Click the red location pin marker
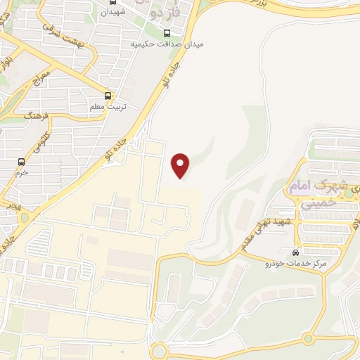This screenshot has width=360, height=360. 181,165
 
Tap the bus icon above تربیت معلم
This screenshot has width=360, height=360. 108,96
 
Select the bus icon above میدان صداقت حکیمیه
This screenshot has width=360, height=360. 167,33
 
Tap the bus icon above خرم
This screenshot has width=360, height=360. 21,161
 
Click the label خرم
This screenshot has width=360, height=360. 21,172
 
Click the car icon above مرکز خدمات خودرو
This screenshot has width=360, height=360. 295,252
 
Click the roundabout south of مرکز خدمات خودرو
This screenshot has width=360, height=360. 308,339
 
